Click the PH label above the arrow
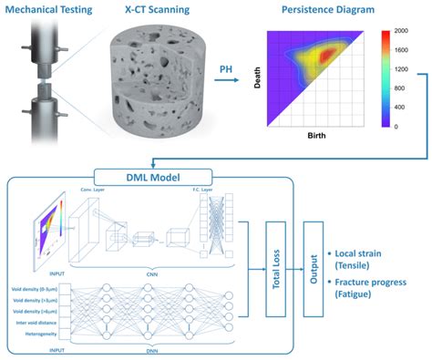pyautogui.click(x=229, y=67)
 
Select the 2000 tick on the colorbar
pyautogui.click(x=403, y=31)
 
